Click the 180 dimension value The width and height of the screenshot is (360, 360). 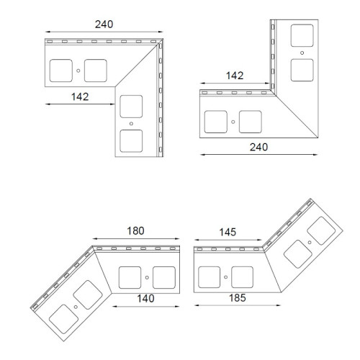[x=135, y=231]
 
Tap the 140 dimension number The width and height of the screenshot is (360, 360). [x=145, y=299]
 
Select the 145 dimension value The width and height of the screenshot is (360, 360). [x=228, y=232]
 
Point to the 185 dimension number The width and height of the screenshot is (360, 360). [x=238, y=298]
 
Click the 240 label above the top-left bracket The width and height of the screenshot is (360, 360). [x=104, y=24]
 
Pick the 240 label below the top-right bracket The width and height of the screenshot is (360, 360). [x=258, y=147]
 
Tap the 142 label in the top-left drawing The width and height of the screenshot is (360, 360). [x=80, y=96]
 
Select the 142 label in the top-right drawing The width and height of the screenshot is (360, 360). [x=235, y=76]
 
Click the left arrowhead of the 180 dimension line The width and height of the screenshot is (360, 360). [x=94, y=239]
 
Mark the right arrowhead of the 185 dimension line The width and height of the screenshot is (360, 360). [x=279, y=305]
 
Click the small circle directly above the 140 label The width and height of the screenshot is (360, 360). [x=147, y=277]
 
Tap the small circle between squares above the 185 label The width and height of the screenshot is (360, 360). [x=225, y=277]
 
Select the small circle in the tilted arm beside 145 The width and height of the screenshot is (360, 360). [x=310, y=243]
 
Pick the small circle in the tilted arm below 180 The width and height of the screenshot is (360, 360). [x=76, y=307]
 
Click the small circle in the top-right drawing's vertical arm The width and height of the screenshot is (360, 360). [x=302, y=53]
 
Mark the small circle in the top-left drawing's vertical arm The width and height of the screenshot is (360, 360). [x=131, y=124]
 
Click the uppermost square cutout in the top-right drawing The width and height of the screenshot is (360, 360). [x=302, y=35]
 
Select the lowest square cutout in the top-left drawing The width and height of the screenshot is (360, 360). [x=131, y=141]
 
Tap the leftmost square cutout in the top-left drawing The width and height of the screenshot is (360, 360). [x=61, y=71]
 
